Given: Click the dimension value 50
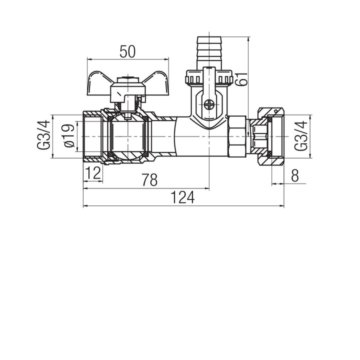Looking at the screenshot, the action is pos(127,51).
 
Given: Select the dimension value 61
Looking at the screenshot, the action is pos(242,79).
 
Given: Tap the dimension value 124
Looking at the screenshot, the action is pos(183,197).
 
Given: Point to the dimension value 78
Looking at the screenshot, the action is pos(149,179).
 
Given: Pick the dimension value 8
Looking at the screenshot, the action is pos(295,175).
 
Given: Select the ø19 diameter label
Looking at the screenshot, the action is pos(69,135).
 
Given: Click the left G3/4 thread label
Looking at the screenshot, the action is pos(43,135).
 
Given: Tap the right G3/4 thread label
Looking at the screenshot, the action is pos(301,136).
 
